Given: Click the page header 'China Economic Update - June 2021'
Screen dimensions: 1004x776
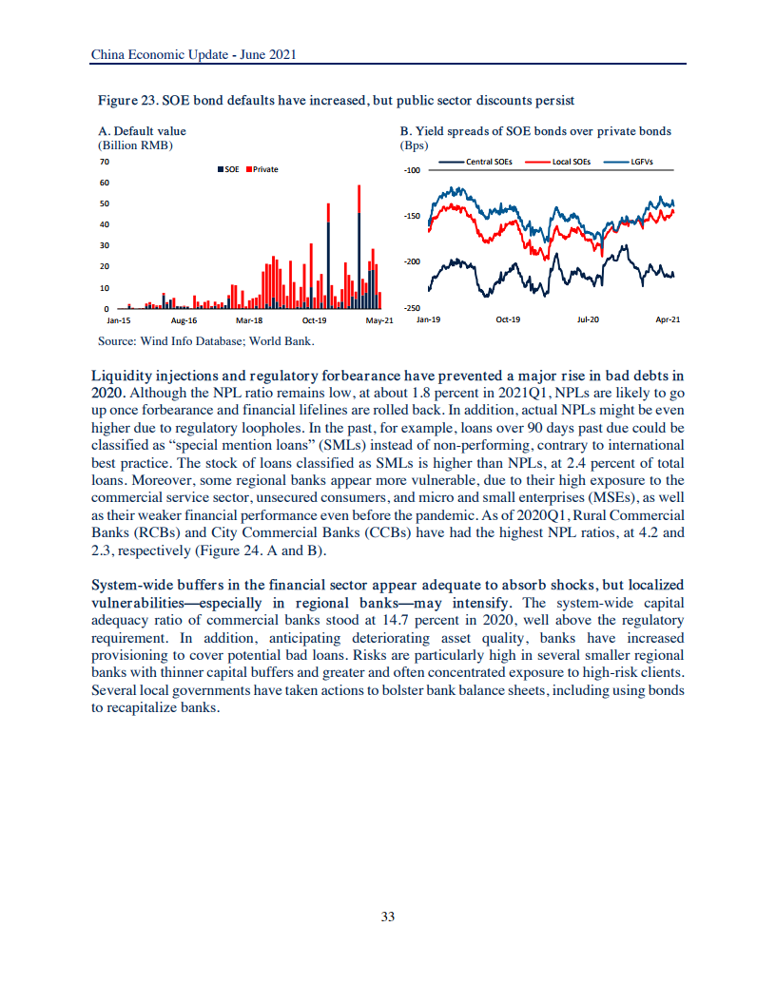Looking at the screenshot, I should point(194,55).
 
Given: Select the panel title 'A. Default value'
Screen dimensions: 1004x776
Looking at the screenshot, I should point(143,131).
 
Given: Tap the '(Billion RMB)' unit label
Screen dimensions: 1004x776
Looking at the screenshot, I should point(135,145).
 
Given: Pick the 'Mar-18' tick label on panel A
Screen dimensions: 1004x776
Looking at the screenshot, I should point(248,320).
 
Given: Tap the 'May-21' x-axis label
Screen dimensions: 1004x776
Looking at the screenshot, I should point(379,320).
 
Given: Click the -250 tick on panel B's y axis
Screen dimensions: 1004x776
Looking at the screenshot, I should point(412,308).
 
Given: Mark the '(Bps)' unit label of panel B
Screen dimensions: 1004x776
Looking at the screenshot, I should point(415,145).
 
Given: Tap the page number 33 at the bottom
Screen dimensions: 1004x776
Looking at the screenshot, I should point(387,917).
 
